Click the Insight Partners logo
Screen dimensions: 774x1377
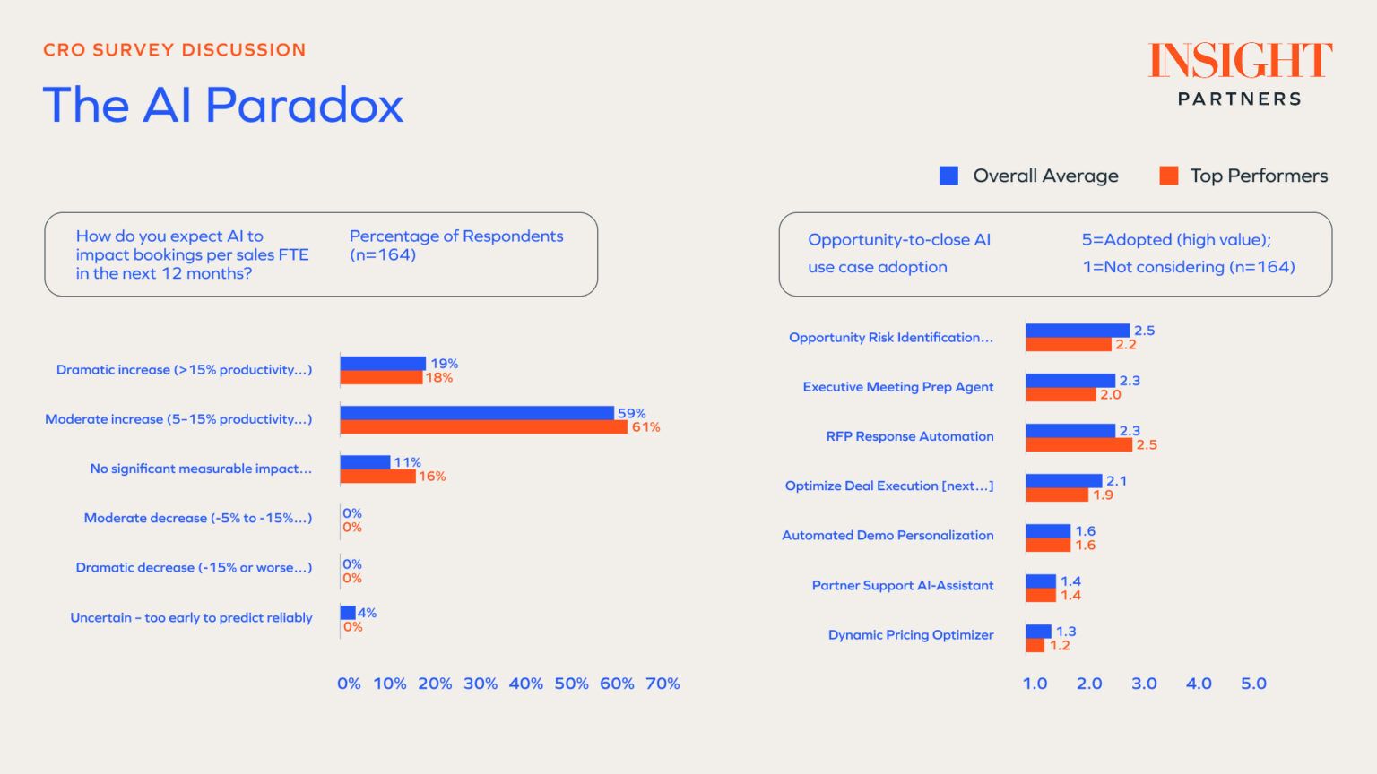(x=1240, y=73)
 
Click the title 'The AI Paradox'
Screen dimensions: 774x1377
(x=223, y=105)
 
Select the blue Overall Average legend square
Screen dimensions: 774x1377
(x=948, y=176)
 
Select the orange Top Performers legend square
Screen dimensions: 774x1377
(x=1169, y=176)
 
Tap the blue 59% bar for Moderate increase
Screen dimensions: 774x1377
(x=477, y=413)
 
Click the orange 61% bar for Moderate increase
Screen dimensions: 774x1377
(x=483, y=427)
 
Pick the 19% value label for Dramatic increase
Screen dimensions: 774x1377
(x=445, y=364)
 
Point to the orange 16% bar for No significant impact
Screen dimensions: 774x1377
(x=377, y=477)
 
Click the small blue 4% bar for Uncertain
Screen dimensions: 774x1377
(x=348, y=613)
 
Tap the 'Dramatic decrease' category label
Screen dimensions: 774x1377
(x=194, y=568)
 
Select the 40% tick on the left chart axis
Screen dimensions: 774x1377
(x=525, y=684)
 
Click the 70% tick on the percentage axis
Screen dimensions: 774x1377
(x=663, y=684)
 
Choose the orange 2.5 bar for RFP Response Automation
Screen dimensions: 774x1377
(x=1078, y=445)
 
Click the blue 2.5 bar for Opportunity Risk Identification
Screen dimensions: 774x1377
(x=1078, y=331)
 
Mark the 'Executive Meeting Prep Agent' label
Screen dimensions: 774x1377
(x=898, y=387)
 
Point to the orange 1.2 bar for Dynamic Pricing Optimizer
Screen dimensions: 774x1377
(x=1035, y=646)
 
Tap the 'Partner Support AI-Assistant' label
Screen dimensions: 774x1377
(x=903, y=586)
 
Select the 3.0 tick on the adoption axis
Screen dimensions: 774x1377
(x=1144, y=684)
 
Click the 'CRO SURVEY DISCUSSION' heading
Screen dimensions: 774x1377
(x=175, y=50)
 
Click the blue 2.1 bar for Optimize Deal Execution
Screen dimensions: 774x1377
(x=1064, y=481)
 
